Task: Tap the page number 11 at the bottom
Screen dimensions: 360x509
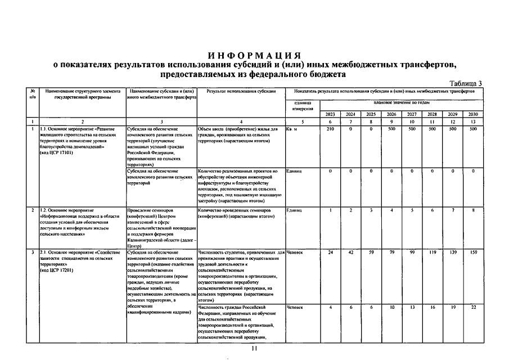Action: click(x=254, y=350)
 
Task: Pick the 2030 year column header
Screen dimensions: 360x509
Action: click(x=473, y=114)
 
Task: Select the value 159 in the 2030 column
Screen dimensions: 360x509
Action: click(x=473, y=253)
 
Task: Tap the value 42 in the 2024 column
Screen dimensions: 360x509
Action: click(x=350, y=253)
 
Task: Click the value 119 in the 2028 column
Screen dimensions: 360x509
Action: click(x=432, y=253)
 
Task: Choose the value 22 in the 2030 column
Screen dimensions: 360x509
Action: click(x=473, y=307)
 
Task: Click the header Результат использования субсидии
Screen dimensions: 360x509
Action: click(x=241, y=91)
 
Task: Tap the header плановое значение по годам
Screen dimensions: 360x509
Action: click(x=401, y=103)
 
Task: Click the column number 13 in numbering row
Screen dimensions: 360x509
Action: click(x=473, y=121)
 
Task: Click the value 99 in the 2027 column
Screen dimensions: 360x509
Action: click(x=412, y=253)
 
